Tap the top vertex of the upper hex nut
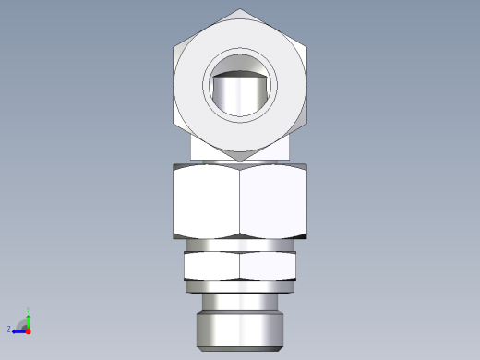pyautogui.click(x=240, y=10)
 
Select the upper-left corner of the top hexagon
pyautogui.click(x=175, y=47)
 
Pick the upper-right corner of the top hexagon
pyautogui.click(x=305, y=47)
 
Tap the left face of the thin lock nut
pyautogui.click(x=211, y=266)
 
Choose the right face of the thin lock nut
pyautogui.click(x=269, y=266)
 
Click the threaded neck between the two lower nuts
pyautogui.click(x=240, y=246)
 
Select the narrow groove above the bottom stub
pyautogui.click(x=240, y=304)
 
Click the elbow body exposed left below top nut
pyautogui.click(x=201, y=148)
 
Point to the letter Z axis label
pyautogui.click(x=9, y=329)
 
